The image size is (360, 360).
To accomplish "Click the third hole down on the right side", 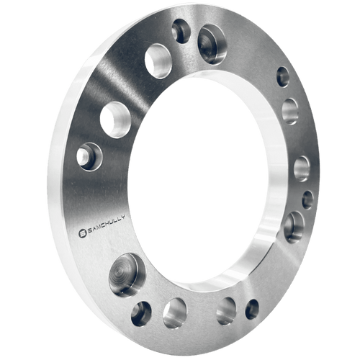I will pos(302,168).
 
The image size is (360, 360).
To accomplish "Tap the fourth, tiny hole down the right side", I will pos(307,199).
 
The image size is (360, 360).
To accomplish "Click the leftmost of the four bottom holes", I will pos(141,312).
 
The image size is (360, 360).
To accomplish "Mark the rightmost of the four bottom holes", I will pos(251,309).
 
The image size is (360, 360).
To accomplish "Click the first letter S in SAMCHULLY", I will pos(87,231).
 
